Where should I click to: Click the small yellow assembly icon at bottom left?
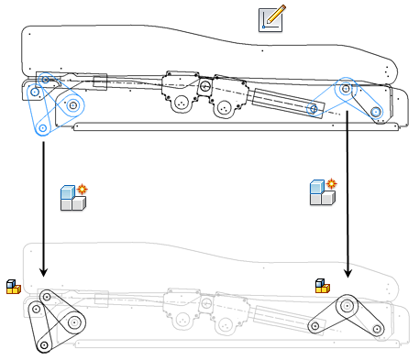click(x=13, y=287)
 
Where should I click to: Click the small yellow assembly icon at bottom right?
click(x=322, y=286)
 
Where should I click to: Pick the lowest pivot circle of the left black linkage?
click(x=42, y=344)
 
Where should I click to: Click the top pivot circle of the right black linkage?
click(x=347, y=305)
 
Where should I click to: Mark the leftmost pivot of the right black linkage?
click(x=317, y=325)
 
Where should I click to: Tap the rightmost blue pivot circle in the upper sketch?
click(x=375, y=112)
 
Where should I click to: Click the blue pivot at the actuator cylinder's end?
click(x=313, y=110)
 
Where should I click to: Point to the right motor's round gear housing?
click(x=224, y=108)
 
